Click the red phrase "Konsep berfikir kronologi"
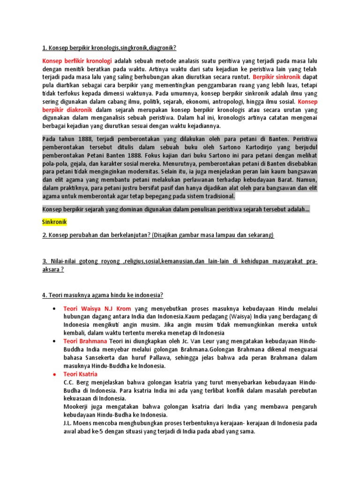click(77, 61)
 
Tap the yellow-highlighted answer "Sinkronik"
click(55, 221)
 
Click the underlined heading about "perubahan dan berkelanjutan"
click(158, 235)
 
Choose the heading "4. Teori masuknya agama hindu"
click(103, 295)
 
